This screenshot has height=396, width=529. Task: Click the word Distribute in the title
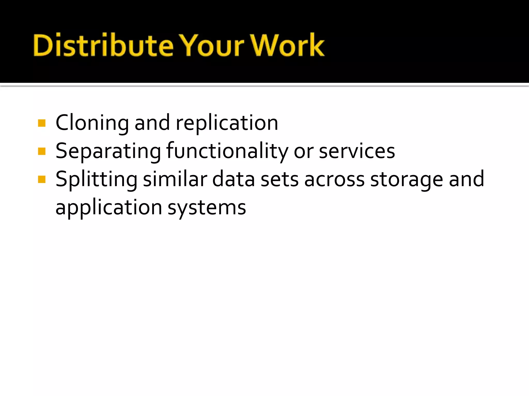coord(103,45)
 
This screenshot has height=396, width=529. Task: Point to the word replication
coord(227,123)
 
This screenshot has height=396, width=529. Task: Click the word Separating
coord(108,151)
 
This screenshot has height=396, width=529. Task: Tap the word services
coord(357,151)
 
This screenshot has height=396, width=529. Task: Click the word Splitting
coord(96,180)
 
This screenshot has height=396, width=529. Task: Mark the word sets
coord(280,180)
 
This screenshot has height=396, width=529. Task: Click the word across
coord(335,180)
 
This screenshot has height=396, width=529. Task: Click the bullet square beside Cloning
coord(42,123)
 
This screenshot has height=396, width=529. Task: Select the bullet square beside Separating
coord(42,151)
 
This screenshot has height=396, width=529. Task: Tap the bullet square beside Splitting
coord(42,179)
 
